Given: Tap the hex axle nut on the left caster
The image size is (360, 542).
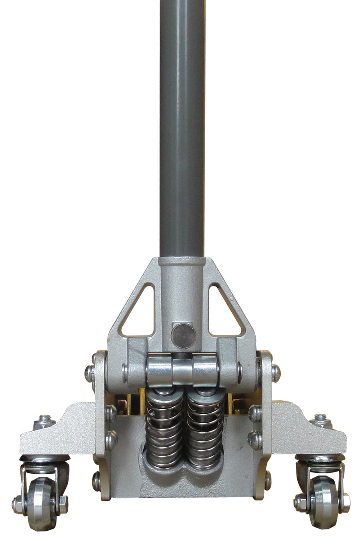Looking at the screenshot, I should (x=62, y=501).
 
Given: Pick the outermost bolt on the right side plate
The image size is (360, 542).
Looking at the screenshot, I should (x=275, y=373).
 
